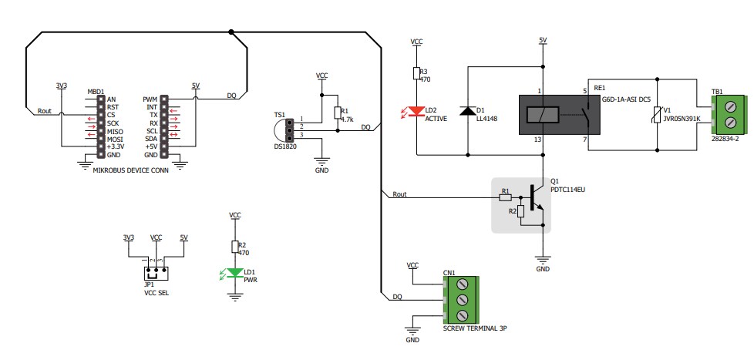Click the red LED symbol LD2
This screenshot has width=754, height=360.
[x=416, y=113]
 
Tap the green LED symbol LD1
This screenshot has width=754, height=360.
[x=235, y=273]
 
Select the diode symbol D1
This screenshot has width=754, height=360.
[x=467, y=111]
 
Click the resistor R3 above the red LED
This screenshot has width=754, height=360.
[x=416, y=74]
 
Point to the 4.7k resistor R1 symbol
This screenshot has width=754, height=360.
[x=336, y=113]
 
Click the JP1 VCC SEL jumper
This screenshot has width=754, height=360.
[x=157, y=273]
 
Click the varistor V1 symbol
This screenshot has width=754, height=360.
[x=656, y=115]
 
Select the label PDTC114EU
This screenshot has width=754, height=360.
[x=568, y=189]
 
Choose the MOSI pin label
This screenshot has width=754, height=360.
[x=114, y=139]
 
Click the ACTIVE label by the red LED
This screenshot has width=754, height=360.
[x=437, y=119]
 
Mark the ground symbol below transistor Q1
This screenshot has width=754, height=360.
[x=543, y=261]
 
